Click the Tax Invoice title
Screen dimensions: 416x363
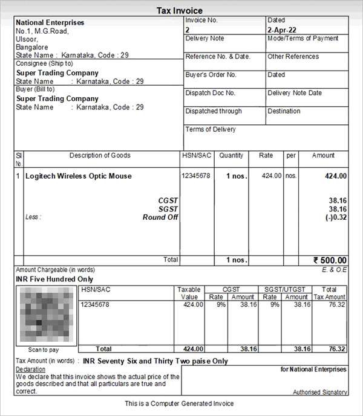[x=180, y=11]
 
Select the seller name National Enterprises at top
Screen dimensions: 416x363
[x=50, y=23]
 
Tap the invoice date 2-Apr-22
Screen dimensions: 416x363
[x=281, y=30]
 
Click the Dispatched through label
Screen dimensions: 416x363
[x=213, y=111]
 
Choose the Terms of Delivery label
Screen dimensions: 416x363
[x=211, y=129]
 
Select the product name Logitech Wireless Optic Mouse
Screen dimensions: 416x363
[x=78, y=176]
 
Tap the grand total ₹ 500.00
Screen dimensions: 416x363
[x=330, y=260]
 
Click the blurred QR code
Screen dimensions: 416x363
[x=43, y=315]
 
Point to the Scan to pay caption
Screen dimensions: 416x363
[x=43, y=350]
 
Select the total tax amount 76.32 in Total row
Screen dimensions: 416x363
[x=337, y=349]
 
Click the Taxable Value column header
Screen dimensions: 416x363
[x=189, y=293]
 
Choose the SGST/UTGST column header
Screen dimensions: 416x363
[x=283, y=289]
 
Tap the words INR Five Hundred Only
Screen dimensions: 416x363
[x=54, y=280]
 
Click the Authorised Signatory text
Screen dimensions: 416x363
[x=320, y=392]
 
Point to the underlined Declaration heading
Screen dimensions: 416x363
[x=30, y=369]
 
